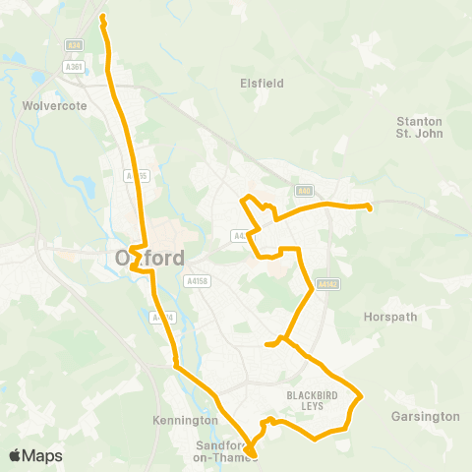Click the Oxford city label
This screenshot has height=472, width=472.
pos(149,259)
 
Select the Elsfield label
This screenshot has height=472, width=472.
pos(262,84)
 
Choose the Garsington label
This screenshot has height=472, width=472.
pos(425,416)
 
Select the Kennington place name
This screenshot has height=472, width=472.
pos(185,420)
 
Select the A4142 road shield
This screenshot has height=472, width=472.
pos(327,284)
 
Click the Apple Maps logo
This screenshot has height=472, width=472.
pos(36,455)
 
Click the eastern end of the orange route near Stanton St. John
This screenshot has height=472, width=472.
pos(369,207)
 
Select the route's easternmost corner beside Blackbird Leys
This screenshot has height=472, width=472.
pos(362,396)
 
